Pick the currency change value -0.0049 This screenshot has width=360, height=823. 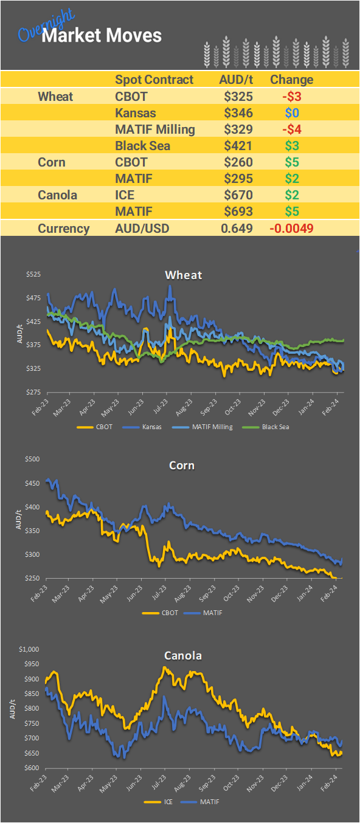coord(291,229)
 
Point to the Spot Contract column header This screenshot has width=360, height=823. coord(154,80)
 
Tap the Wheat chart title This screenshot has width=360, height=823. coord(184,275)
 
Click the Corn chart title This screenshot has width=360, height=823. coord(182,466)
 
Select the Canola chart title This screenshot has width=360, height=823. coord(183,656)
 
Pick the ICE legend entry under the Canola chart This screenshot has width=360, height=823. coord(168,802)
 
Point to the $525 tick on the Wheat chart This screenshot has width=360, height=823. coord(33,275)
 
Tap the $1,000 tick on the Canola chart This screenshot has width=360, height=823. coord(30,649)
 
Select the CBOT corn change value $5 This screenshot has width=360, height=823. coord(294,162)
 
